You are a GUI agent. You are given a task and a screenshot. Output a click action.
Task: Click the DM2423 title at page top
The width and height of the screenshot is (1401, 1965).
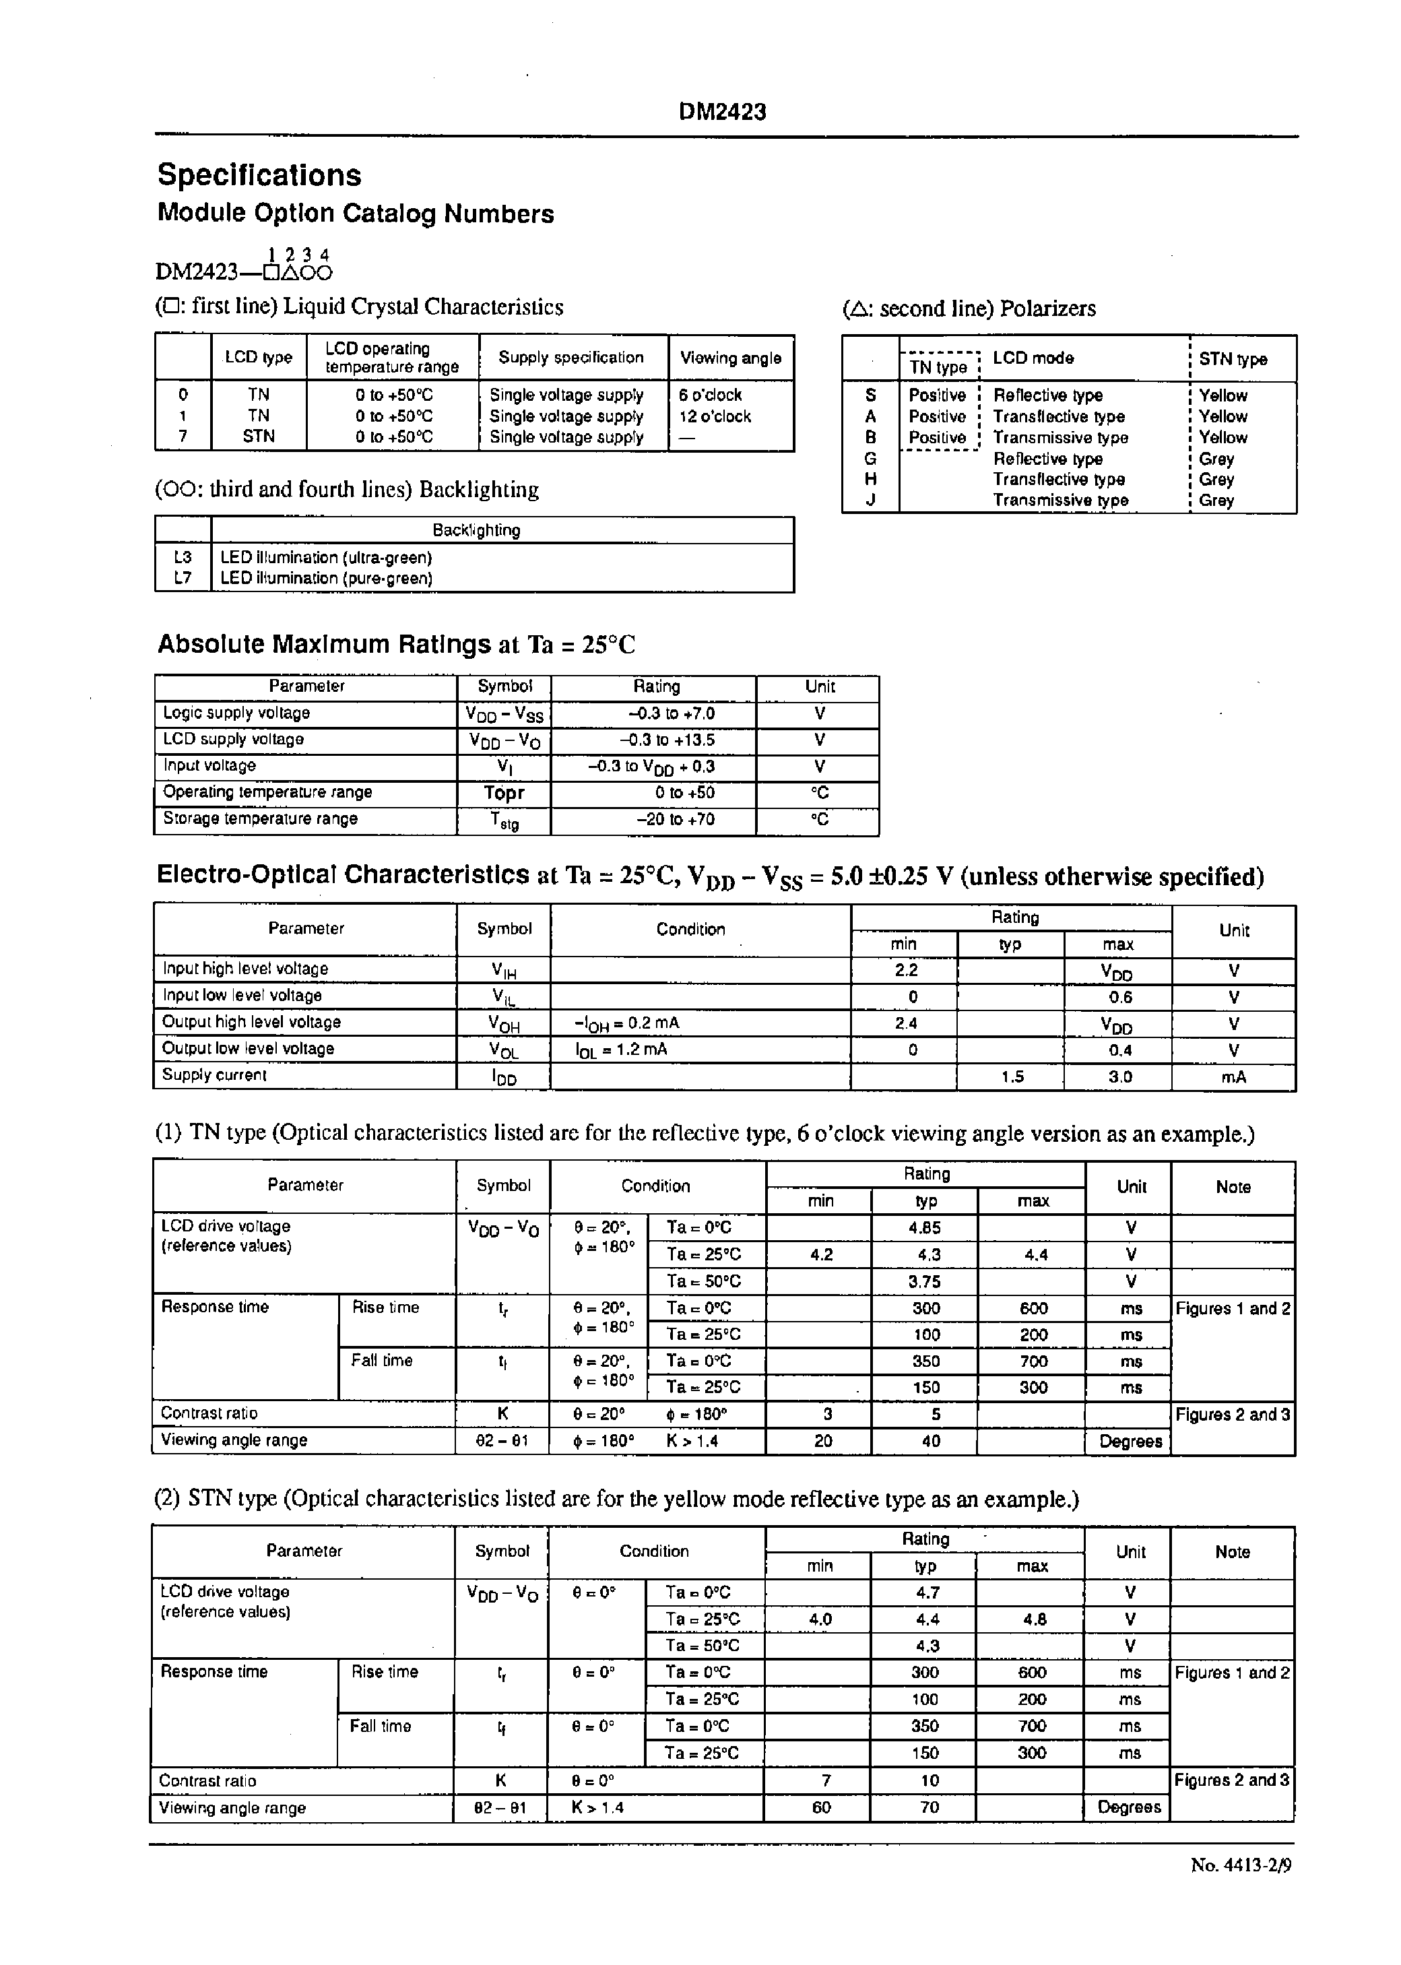[722, 112]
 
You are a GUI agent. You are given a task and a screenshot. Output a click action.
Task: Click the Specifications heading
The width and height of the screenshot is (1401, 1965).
[259, 175]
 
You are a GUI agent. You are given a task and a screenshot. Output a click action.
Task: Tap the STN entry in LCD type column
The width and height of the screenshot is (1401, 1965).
[258, 437]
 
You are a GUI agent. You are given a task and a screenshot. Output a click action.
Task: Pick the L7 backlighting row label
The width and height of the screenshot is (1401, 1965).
[182, 578]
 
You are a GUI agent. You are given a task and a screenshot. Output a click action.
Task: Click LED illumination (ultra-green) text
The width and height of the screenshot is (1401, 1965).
[326, 557]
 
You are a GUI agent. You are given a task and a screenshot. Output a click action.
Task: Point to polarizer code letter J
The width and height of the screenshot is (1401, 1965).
[870, 501]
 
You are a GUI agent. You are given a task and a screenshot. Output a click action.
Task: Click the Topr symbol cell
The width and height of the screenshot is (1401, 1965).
[504, 793]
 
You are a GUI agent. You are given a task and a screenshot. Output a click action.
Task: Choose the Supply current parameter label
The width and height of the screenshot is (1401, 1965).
[215, 1075]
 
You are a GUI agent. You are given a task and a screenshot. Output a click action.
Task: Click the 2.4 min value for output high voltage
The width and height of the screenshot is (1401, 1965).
[906, 1023]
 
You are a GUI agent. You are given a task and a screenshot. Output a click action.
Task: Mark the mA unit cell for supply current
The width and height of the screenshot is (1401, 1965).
[1234, 1077]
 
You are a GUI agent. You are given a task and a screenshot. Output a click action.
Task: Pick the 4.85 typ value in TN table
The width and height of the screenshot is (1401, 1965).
[925, 1227]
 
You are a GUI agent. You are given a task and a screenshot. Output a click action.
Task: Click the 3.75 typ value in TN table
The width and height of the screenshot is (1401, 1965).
[925, 1282]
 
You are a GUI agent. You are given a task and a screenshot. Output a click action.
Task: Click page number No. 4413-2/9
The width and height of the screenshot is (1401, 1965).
[1241, 1866]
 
